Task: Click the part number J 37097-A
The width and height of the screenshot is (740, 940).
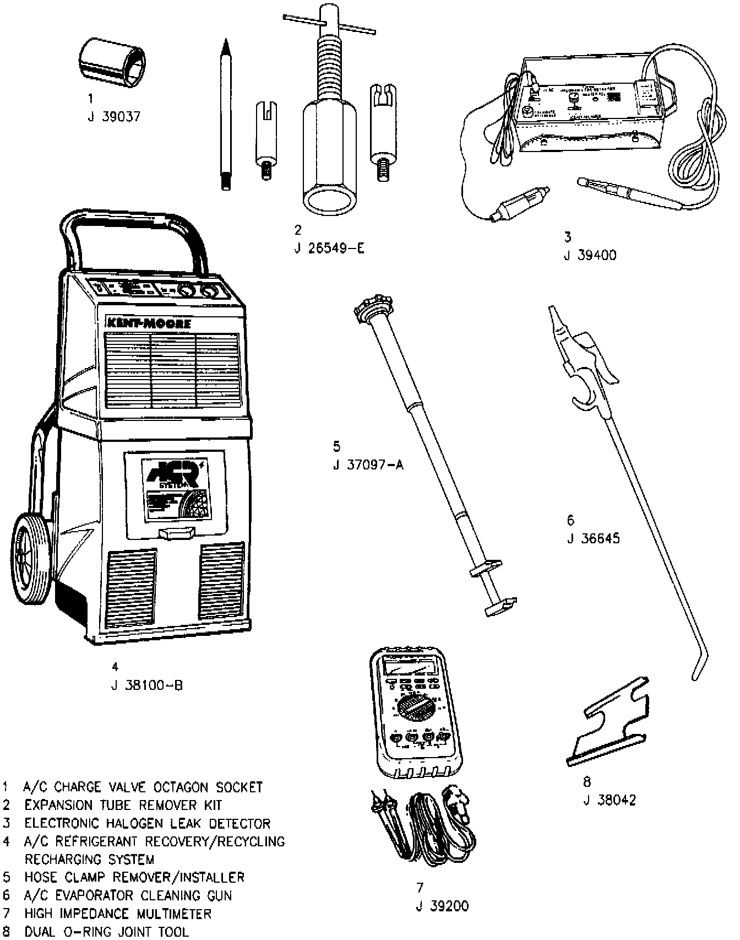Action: point(368,464)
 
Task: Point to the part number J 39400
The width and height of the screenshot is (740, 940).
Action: point(590,255)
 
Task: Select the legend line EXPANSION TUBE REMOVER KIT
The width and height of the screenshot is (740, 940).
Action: point(123,805)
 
